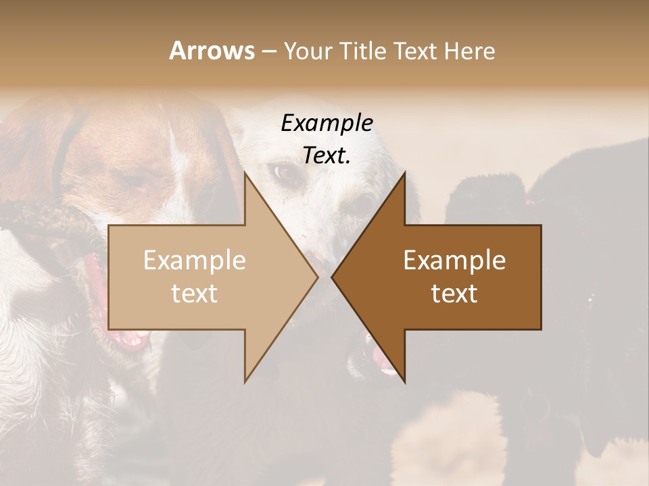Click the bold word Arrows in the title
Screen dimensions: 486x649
(211, 51)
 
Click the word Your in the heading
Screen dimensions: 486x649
(308, 51)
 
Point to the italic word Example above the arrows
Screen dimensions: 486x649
(327, 123)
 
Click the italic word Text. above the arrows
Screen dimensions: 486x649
(327, 155)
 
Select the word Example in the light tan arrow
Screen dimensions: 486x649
(195, 260)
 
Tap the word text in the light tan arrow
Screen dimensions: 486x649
(195, 294)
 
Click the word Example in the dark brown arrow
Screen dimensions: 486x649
(454, 260)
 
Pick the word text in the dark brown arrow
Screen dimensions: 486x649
(454, 294)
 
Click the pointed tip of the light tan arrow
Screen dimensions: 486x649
(316, 277)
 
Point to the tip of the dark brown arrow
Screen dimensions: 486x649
(333, 277)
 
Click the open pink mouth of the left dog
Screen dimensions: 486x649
(101, 297)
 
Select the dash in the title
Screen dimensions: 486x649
(268, 52)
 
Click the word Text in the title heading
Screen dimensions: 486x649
(415, 51)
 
